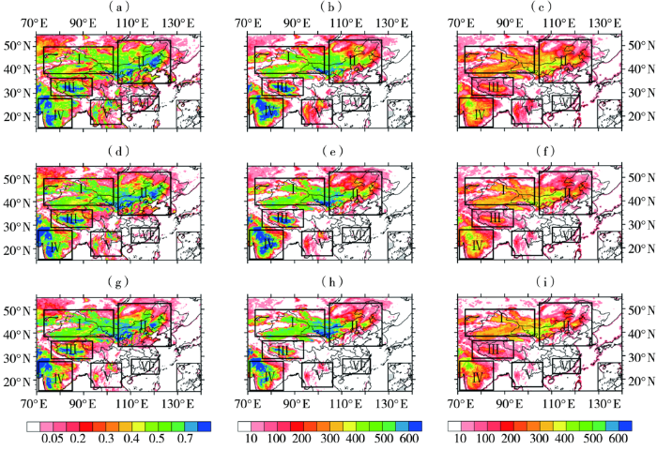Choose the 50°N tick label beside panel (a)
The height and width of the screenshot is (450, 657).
[x=16, y=46]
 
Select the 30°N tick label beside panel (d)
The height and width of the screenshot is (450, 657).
[x=16, y=226]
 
